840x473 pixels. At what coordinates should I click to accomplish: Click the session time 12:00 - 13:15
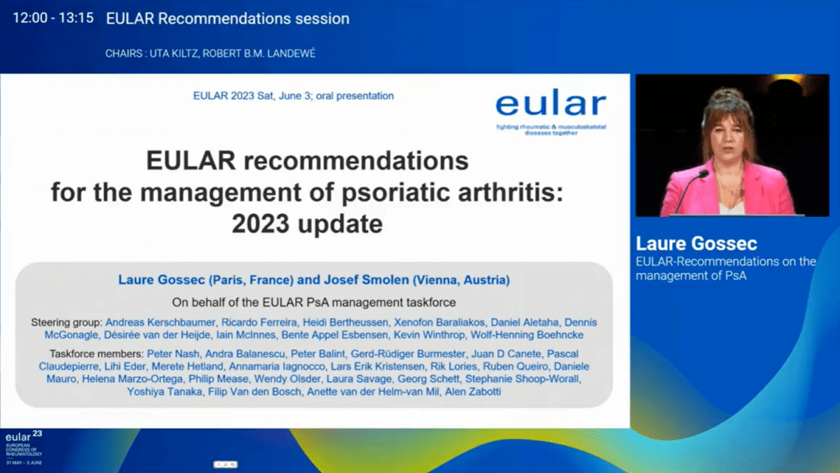pos(53,18)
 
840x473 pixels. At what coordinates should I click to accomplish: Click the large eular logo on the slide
pos(551,111)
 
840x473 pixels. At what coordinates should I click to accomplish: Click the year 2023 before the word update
pos(262,224)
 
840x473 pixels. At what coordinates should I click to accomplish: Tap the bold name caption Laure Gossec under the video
pos(696,244)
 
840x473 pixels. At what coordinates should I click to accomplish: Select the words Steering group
pos(65,323)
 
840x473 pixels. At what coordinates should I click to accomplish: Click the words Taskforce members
pos(96,354)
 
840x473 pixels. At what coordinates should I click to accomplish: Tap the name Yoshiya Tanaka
pos(164,391)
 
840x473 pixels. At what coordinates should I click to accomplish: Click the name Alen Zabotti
pos(473,391)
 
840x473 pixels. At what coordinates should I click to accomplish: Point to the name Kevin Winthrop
pos(429,335)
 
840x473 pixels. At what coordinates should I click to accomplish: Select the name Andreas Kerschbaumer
pos(160,323)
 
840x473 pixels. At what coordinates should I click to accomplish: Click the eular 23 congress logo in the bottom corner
pos(24,447)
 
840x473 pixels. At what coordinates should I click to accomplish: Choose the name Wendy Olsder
pos(287,380)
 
